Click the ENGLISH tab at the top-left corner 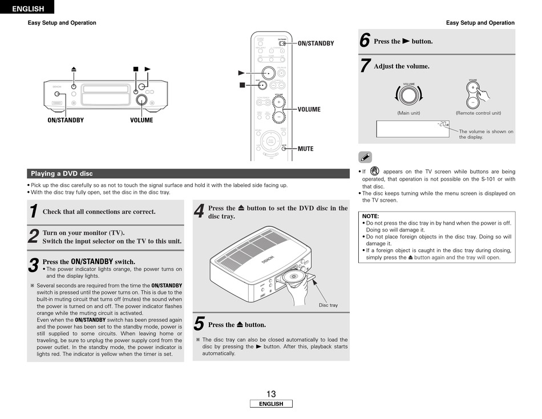[27, 8]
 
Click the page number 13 [270, 394]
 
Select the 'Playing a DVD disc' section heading [62, 174]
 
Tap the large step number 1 [34, 212]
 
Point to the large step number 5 [199, 324]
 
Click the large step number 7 [365, 66]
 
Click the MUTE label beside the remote [305, 149]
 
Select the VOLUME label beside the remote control [309, 109]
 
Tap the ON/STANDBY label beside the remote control [315, 43]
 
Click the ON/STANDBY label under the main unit [66, 120]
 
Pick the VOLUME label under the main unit [141, 120]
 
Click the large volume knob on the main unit [141, 101]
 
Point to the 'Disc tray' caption [328, 305]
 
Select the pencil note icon [366, 157]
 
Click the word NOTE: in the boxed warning [371, 216]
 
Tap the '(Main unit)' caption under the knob [408, 113]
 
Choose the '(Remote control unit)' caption [478, 113]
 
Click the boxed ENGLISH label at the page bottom [271, 404]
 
